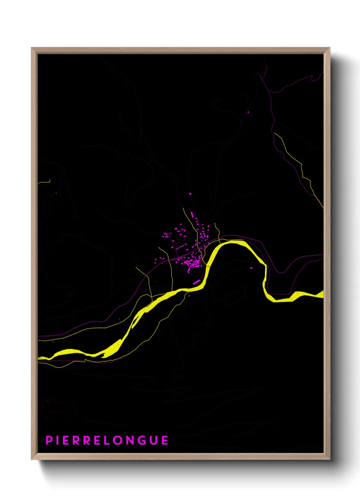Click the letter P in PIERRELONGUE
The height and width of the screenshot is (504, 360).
point(49,440)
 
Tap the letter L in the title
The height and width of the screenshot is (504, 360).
point(106,440)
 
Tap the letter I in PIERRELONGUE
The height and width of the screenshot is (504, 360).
point(58,440)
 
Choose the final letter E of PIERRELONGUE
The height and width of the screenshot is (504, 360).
point(165,440)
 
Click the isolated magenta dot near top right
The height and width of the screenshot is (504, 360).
point(248,112)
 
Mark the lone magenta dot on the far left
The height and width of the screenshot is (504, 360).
point(56,194)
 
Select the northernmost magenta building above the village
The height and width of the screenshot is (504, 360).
point(190,194)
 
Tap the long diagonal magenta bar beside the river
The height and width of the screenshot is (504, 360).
point(196,282)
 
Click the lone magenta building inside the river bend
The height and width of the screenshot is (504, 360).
point(251,268)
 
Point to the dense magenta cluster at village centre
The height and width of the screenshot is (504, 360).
point(194,263)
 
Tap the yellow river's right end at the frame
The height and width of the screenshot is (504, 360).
point(322,294)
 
